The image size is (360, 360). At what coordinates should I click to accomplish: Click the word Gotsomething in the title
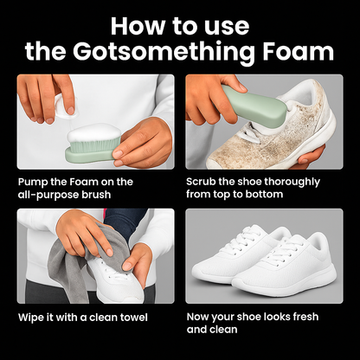coord(164,52)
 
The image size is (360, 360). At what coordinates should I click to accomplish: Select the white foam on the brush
coord(93,132)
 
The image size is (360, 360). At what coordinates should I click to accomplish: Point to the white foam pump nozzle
coord(65,106)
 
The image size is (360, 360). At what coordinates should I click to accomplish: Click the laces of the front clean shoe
coord(284,251)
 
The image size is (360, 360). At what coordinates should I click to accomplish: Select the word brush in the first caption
coord(96,195)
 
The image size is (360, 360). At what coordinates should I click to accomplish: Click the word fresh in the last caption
coord(305,317)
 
